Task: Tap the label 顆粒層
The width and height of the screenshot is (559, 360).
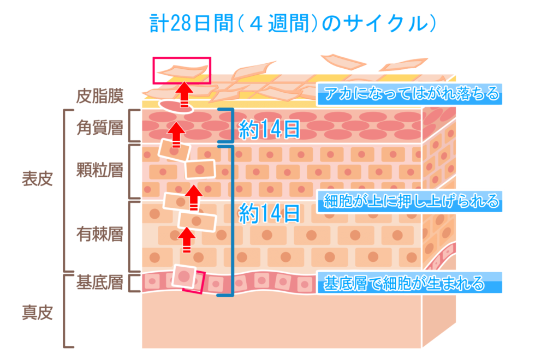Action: tap(99, 170)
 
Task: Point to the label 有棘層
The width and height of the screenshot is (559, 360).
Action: tap(99, 235)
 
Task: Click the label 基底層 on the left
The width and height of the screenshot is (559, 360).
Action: tap(99, 283)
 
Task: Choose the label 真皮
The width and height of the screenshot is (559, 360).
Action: tap(37, 313)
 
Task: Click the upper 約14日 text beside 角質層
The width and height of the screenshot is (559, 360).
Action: tap(270, 129)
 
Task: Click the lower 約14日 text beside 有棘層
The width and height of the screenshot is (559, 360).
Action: tap(270, 213)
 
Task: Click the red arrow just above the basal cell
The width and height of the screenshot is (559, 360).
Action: tap(187, 239)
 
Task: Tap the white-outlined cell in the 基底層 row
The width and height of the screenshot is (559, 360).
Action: tap(183, 277)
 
